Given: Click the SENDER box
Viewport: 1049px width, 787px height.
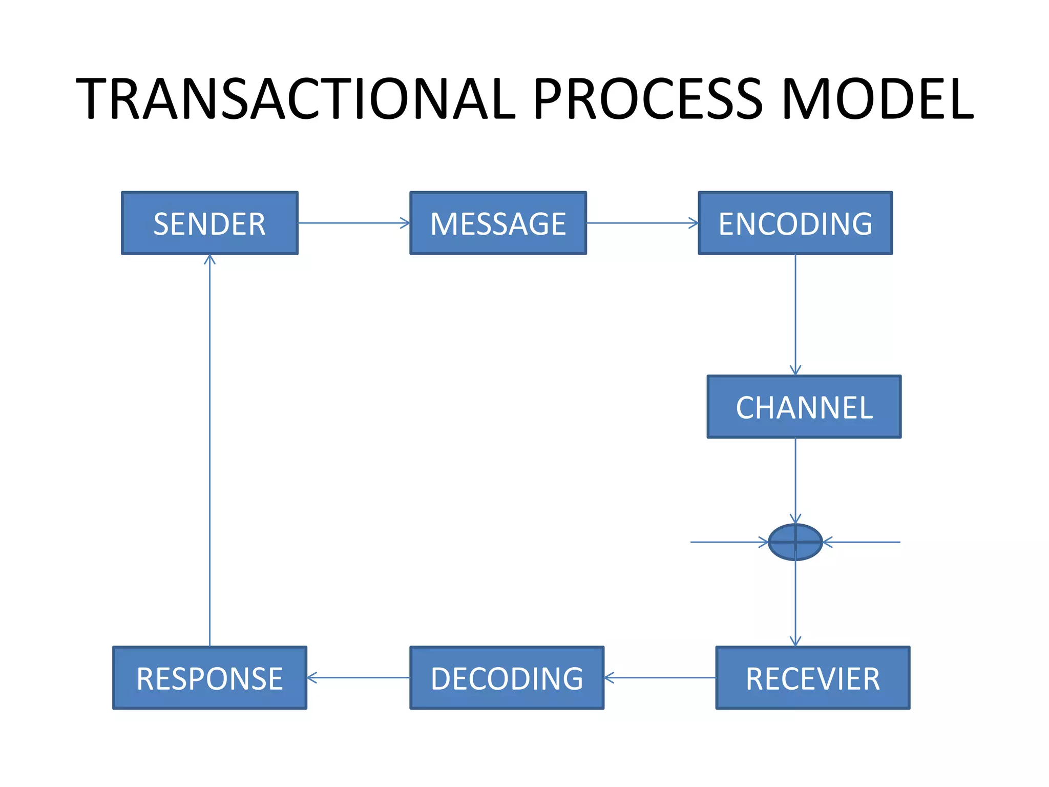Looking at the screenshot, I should (209, 223).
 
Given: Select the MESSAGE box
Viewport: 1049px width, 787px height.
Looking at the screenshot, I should (498, 223).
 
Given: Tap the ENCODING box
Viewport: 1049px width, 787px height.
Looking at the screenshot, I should (795, 223).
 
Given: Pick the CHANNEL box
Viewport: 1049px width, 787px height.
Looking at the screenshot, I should (804, 406).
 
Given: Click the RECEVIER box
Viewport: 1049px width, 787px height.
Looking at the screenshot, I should (812, 677).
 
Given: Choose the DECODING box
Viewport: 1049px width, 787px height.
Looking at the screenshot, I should (507, 677).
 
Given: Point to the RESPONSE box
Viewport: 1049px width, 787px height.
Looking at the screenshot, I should (209, 677).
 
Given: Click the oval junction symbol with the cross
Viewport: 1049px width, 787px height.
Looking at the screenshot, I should (795, 542).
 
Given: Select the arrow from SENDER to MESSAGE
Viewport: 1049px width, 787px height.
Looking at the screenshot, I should (353, 223).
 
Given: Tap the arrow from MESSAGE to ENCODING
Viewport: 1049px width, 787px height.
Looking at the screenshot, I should (642, 223).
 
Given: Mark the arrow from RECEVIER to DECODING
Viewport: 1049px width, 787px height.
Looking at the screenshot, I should (660, 677).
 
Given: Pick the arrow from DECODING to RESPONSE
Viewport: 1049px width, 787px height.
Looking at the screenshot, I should (358, 677).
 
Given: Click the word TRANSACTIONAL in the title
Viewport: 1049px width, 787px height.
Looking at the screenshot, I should (296, 99).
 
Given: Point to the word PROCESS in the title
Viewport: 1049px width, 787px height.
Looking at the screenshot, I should (648, 99).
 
